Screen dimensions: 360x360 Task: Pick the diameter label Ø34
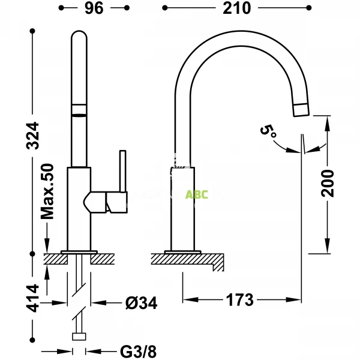[142, 304]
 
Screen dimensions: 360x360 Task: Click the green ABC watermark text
[196, 194]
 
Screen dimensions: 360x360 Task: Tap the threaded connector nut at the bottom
[79, 337]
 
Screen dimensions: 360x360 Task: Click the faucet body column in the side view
[182, 207]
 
